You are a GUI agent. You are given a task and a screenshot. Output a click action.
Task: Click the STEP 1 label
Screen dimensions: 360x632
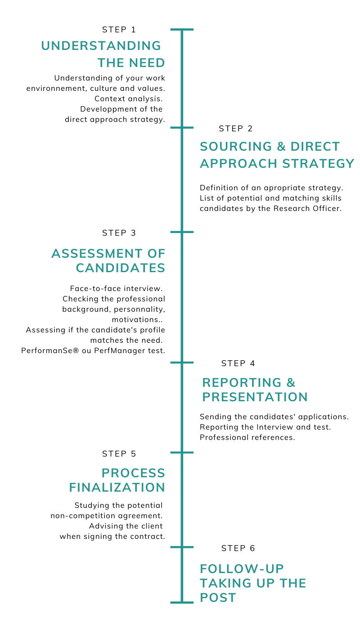click(119, 30)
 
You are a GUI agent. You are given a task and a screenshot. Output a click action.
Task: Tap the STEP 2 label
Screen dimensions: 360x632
click(235, 129)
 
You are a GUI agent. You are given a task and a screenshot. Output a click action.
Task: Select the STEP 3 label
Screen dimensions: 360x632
click(119, 233)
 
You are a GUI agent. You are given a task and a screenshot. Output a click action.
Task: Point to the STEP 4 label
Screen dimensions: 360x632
click(238, 363)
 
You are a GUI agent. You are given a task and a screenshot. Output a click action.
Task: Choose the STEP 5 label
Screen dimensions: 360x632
click(119, 454)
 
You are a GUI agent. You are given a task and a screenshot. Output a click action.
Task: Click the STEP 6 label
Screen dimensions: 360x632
click(238, 548)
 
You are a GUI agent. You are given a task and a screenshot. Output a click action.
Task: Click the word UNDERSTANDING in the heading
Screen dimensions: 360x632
click(101, 46)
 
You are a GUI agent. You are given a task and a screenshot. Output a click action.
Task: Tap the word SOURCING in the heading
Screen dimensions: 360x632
click(236, 147)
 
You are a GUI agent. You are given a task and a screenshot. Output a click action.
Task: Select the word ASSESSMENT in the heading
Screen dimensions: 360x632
click(97, 253)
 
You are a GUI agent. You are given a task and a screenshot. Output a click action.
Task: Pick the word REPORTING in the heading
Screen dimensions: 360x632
click(242, 383)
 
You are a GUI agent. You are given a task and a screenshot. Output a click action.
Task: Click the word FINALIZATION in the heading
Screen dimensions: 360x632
click(117, 487)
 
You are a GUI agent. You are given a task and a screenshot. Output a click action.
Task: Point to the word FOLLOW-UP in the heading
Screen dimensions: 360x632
click(242, 569)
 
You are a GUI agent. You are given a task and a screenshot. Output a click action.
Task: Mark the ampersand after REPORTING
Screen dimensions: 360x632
click(291, 383)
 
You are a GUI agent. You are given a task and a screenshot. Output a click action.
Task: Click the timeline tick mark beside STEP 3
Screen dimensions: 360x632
click(182, 232)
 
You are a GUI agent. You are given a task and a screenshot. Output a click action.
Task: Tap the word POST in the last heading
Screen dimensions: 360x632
click(218, 597)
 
